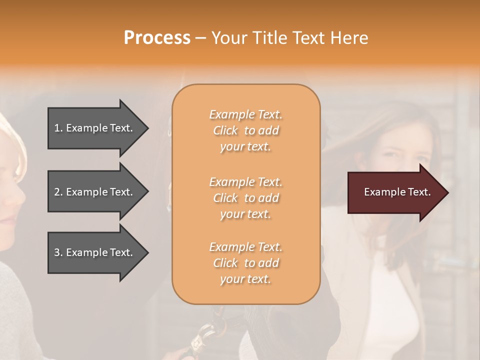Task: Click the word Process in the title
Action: (x=157, y=38)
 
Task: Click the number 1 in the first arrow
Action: (x=57, y=128)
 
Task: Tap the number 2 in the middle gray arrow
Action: (x=57, y=192)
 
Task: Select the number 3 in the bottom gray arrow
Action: (x=57, y=252)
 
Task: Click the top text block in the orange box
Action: (x=245, y=130)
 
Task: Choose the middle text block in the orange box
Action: (x=245, y=198)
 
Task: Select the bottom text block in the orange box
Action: (x=245, y=263)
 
